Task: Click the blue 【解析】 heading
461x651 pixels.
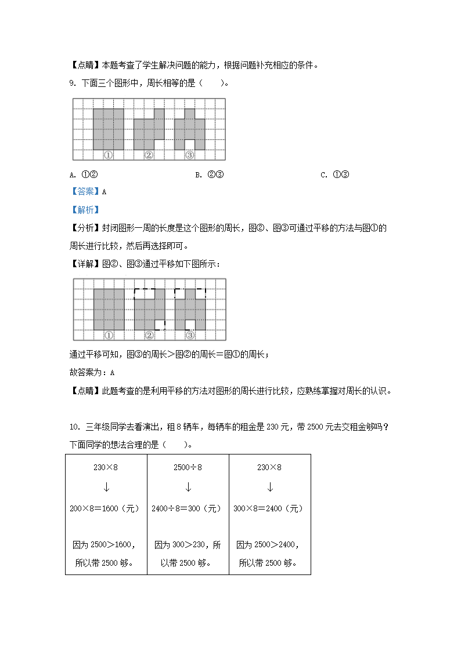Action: click(x=85, y=210)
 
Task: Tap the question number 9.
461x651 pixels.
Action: click(x=72, y=83)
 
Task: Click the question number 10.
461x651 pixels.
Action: click(x=74, y=427)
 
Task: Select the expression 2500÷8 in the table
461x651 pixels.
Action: click(x=188, y=467)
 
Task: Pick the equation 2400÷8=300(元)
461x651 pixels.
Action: click(x=187, y=508)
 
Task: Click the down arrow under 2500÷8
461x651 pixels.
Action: click(x=188, y=487)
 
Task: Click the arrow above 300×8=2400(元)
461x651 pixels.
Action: click(x=269, y=487)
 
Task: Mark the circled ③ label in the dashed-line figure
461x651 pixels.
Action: click(x=190, y=334)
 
